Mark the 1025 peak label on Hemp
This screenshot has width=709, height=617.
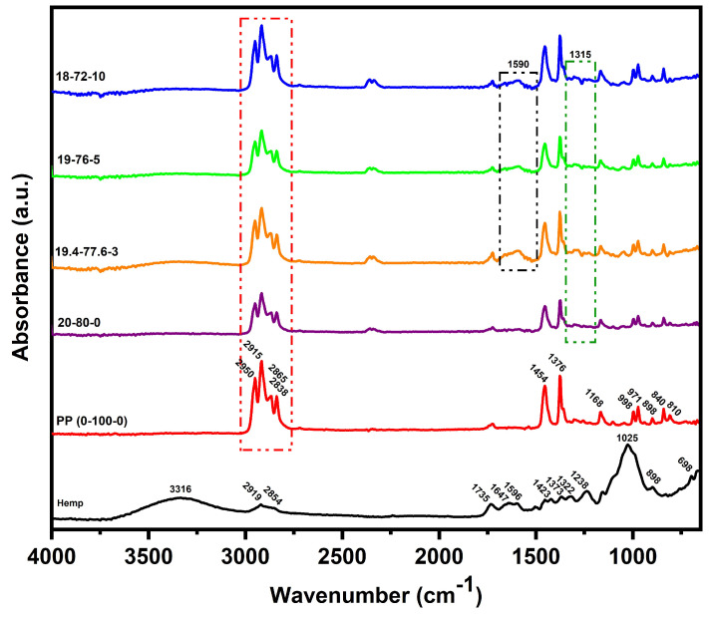tap(627, 438)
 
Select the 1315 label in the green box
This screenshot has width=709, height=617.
tap(580, 55)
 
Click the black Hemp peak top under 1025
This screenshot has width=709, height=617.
tap(627, 448)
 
